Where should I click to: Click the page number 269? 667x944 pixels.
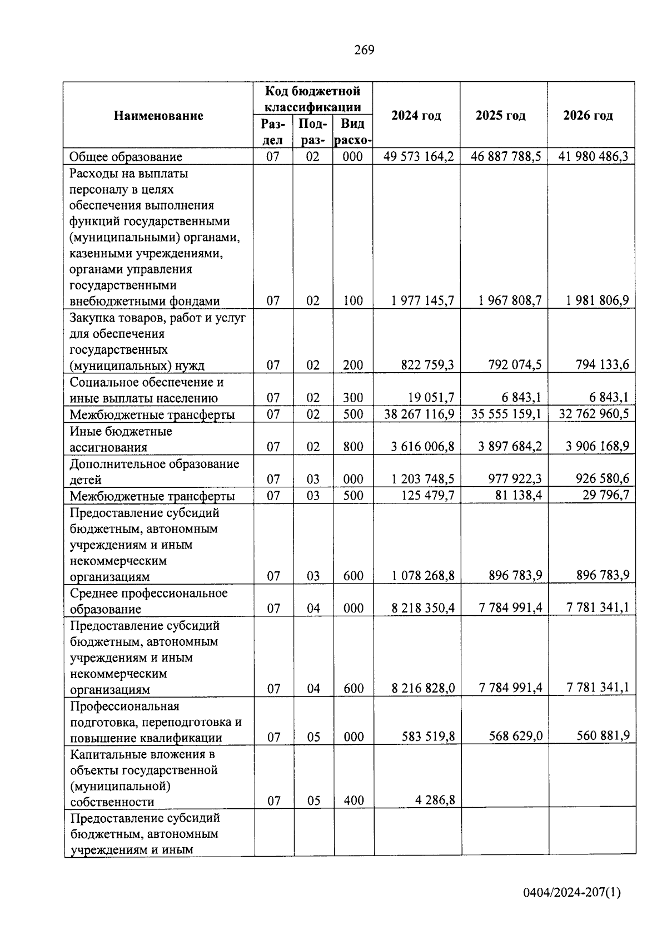(364, 50)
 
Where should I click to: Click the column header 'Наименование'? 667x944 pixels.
(158, 116)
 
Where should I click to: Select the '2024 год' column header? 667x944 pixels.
(416, 116)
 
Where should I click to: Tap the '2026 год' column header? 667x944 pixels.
(588, 116)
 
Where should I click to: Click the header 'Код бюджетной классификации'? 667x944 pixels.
(312, 98)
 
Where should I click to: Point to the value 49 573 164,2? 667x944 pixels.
(418, 156)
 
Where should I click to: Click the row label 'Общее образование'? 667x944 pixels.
(126, 157)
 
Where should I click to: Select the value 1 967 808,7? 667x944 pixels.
(510, 301)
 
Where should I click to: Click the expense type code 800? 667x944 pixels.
(353, 447)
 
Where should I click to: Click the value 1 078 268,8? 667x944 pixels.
(422, 576)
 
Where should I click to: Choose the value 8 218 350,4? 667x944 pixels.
(422, 608)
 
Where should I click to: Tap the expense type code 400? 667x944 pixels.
(354, 800)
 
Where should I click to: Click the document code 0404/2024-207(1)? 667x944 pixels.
(571, 893)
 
